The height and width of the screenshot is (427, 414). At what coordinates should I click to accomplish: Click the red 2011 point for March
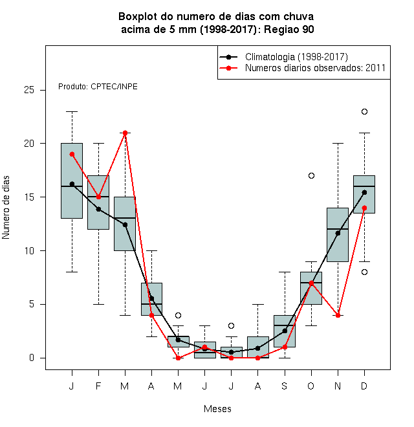pyautogui.click(x=125, y=133)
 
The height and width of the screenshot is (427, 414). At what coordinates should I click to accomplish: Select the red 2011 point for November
pyautogui.click(x=338, y=315)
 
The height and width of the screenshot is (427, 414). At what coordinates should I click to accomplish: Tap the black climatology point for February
pyautogui.click(x=98, y=209)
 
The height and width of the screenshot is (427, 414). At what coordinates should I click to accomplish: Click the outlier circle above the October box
pyautogui.click(x=311, y=175)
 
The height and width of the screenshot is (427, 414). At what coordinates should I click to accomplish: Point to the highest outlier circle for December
pyautogui.click(x=364, y=112)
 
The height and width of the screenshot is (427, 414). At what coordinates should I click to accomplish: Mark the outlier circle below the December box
pyautogui.click(x=364, y=272)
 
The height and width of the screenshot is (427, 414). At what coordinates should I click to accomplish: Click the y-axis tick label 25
pyautogui.click(x=29, y=90)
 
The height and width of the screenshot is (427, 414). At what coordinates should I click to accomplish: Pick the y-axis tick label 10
pyautogui.click(x=29, y=250)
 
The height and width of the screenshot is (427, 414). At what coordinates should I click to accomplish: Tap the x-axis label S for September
pyautogui.click(x=285, y=386)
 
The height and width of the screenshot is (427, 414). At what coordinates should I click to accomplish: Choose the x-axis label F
pyautogui.click(x=98, y=386)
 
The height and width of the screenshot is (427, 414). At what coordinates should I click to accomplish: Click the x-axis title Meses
pyautogui.click(x=217, y=409)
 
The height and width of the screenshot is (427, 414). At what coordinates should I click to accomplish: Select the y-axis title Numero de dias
pyautogui.click(x=6, y=208)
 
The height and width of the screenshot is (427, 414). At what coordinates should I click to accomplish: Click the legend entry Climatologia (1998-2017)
pyautogui.click(x=296, y=57)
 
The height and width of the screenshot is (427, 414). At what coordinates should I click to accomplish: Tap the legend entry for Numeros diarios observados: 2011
pyautogui.click(x=315, y=68)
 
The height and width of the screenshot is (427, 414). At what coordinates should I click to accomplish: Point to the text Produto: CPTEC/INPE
pyautogui.click(x=98, y=87)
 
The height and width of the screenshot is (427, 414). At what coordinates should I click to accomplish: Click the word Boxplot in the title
pyautogui.click(x=138, y=17)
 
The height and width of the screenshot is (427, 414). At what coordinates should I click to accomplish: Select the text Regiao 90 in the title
pyautogui.click(x=289, y=29)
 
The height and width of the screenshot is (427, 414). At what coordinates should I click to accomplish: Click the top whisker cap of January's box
pyautogui.click(x=72, y=112)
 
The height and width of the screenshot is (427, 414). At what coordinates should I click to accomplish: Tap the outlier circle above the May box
pyautogui.click(x=178, y=315)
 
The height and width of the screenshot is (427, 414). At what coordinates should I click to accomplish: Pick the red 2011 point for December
pyautogui.click(x=364, y=208)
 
